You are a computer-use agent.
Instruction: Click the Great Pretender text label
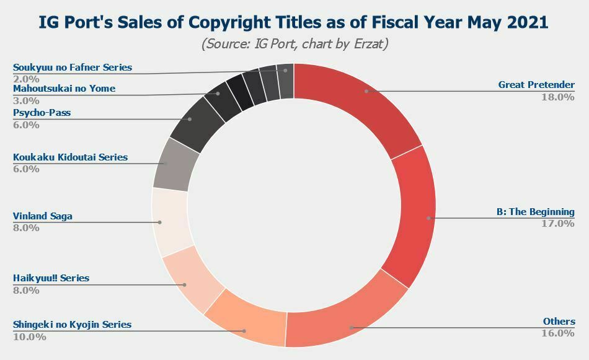click(536, 85)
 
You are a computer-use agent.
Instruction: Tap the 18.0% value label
click(557, 97)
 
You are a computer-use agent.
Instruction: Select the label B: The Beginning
click(535, 212)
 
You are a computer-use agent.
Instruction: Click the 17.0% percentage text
click(557, 224)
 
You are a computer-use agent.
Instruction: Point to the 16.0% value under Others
click(557, 333)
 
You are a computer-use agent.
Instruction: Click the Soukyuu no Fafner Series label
click(73, 68)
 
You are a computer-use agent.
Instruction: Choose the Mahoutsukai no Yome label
click(64, 89)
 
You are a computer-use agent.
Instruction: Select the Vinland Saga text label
click(43, 216)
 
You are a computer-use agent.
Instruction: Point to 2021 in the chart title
click(526, 22)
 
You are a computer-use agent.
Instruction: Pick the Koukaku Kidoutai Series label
click(70, 157)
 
